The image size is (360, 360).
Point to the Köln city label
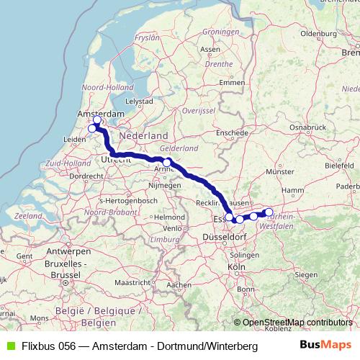(236, 267)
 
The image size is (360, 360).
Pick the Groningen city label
(220, 32)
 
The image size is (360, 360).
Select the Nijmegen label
(164, 186)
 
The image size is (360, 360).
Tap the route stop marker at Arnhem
(167, 163)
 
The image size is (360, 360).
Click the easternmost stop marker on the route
(269, 212)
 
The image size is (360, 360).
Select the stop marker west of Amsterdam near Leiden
(92, 129)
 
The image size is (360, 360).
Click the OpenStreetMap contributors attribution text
(297, 323)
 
